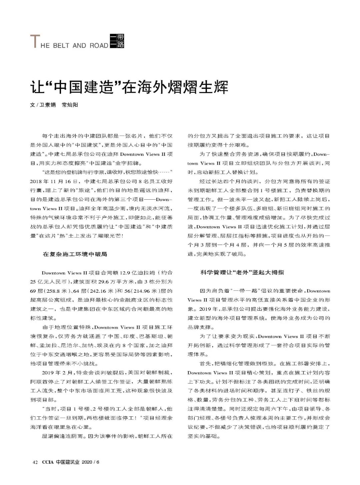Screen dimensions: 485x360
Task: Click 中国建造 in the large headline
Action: tap(82, 87)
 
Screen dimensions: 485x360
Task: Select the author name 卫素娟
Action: tap(47, 105)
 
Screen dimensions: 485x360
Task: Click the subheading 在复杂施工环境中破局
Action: tap(75, 254)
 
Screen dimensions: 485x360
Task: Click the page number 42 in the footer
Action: tap(34, 462)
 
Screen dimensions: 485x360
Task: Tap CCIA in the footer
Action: tap(47, 462)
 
